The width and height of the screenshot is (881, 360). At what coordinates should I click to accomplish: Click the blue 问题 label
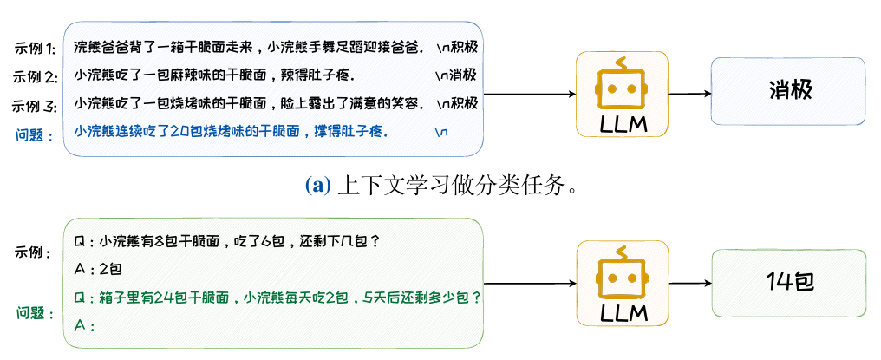(35, 134)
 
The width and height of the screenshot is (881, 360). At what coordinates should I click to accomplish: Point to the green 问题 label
(35, 311)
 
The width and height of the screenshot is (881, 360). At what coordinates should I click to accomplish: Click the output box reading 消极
(787, 90)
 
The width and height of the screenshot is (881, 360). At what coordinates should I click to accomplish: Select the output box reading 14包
(787, 282)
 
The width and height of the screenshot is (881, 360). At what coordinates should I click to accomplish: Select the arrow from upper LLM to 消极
(688, 93)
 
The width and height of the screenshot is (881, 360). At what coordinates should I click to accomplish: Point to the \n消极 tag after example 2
(455, 75)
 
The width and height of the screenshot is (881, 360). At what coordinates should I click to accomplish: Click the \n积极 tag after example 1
(455, 46)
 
